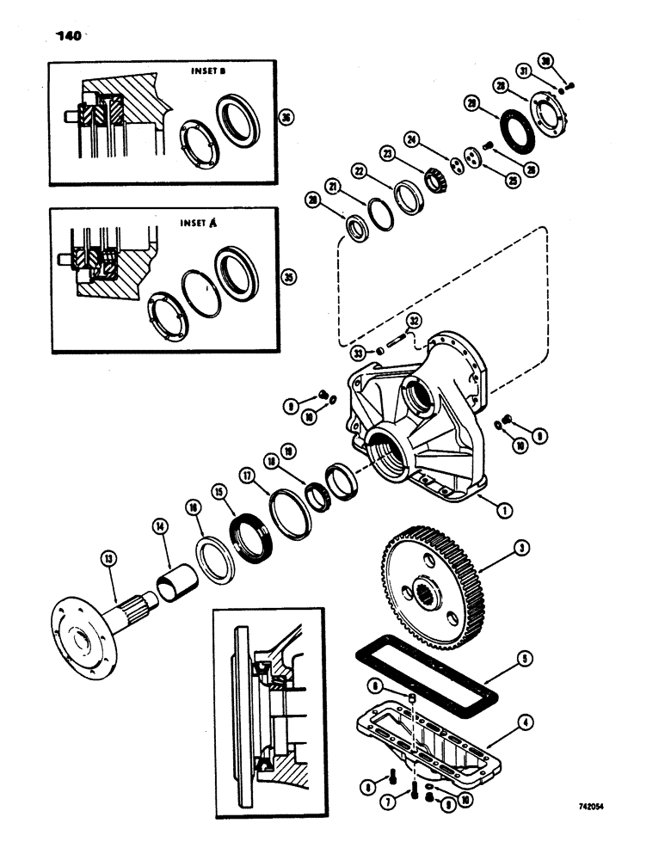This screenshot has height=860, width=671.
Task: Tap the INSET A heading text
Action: click(196, 223)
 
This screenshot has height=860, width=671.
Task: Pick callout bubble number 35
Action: click(288, 277)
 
